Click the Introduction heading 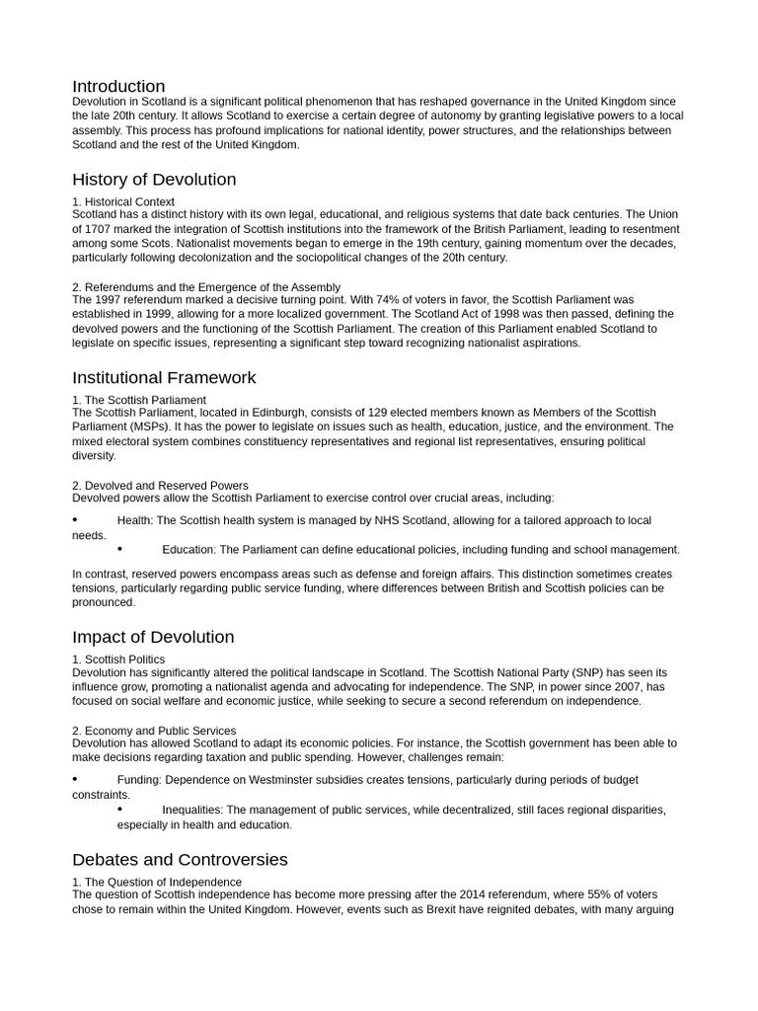tap(118, 86)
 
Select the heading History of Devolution tap(154, 180)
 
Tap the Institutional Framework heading tap(164, 377)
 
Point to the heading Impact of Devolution tap(153, 637)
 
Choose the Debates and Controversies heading tap(180, 859)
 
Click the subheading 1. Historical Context tap(123, 202)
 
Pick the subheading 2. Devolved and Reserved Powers tap(160, 486)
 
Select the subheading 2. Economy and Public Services tap(154, 731)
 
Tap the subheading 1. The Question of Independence tap(157, 882)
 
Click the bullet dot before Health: tap(75, 519)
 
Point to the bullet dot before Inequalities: tap(119, 809)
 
